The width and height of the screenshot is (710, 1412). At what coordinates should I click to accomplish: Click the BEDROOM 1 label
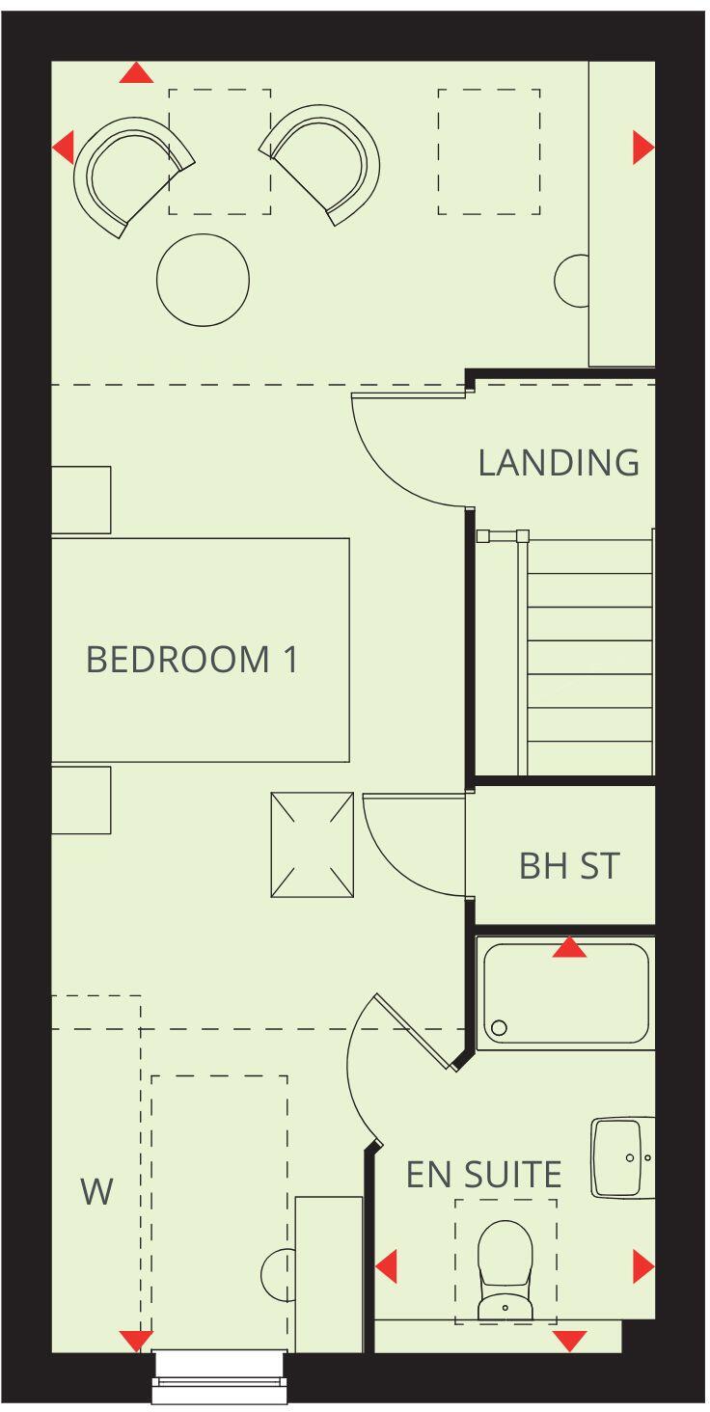point(192,660)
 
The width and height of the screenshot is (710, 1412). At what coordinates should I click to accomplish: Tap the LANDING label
point(559,463)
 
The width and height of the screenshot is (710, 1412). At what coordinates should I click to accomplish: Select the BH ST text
point(569,865)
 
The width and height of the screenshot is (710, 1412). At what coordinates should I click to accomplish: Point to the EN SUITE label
point(483,1175)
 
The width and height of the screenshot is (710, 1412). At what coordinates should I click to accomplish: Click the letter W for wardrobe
point(96,1192)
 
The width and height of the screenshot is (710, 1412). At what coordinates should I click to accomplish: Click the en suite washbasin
point(623,1156)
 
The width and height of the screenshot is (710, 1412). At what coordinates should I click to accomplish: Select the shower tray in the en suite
point(566,993)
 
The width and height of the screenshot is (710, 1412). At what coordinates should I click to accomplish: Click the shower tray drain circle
point(499,1028)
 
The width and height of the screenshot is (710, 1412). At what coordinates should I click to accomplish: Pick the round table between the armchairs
point(203,281)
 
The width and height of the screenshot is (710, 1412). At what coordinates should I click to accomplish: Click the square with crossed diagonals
point(313,845)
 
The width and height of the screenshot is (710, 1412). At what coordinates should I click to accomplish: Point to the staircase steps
point(589,657)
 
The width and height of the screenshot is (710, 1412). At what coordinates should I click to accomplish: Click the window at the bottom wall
point(220,1376)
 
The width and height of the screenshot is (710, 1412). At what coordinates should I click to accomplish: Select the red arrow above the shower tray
point(569,948)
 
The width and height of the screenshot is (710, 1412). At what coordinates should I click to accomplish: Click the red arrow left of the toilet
point(387,1266)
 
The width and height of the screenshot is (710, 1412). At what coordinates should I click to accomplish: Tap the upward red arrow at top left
point(137,72)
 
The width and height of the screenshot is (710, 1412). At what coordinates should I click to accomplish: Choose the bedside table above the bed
point(81,500)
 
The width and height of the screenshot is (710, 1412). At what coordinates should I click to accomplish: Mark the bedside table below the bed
point(81,800)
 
